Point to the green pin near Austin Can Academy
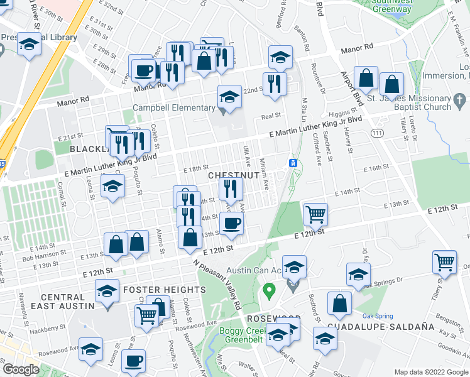270,292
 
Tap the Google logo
21,369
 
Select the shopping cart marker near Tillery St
445,261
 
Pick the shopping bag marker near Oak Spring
340,304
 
